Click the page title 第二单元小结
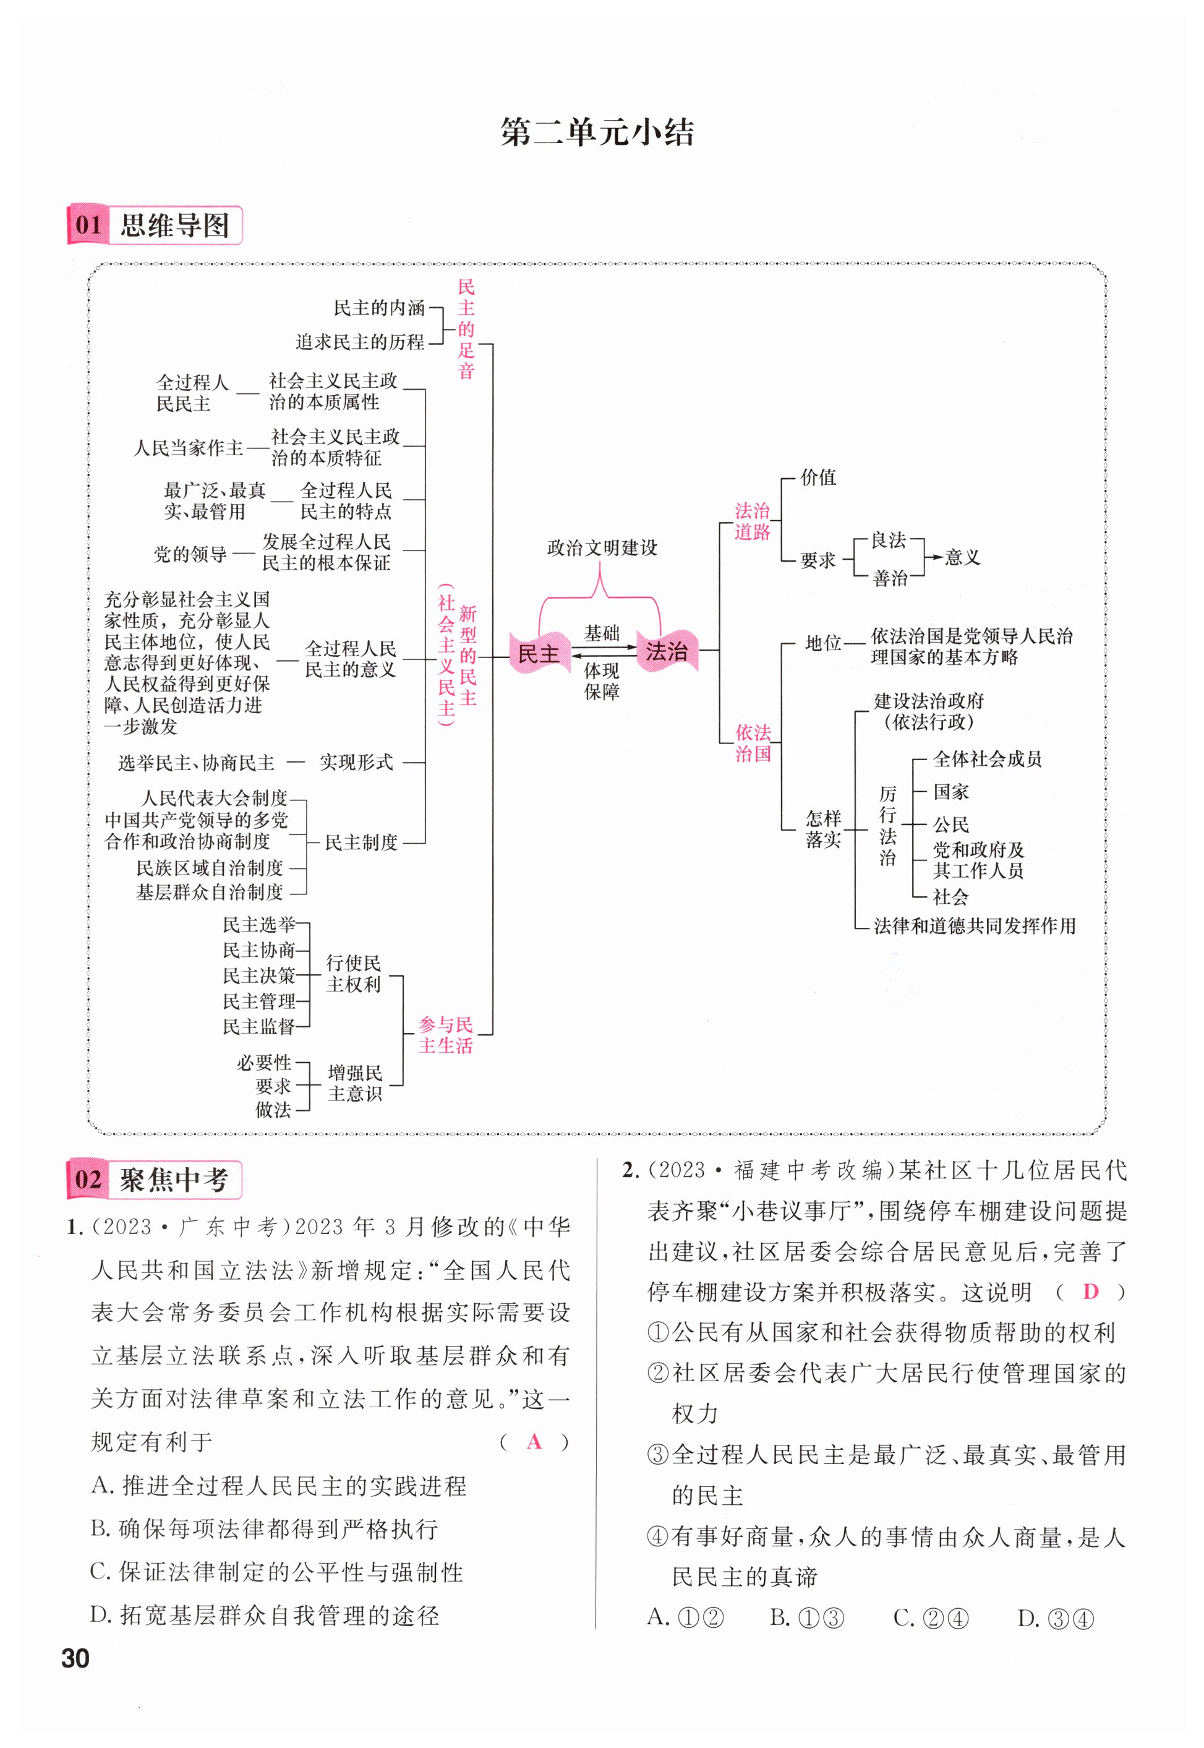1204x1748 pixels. coord(597,133)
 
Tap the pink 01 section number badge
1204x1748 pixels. coord(89,225)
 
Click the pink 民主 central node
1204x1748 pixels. coord(539,653)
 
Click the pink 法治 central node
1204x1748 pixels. coord(667,650)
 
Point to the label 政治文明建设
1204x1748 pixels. coord(602,547)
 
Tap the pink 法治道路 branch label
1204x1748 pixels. coord(752,521)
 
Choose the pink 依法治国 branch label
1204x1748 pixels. coord(753,743)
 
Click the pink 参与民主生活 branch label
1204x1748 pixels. coord(446,1035)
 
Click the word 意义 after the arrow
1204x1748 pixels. coord(963,557)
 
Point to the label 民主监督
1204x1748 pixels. coord(258,1027)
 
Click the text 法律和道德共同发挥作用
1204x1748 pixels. coord(975,926)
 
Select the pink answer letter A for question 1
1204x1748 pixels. coord(534,1442)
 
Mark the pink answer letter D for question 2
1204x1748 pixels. coord(1090,1292)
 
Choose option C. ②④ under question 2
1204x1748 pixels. coord(930,1618)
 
